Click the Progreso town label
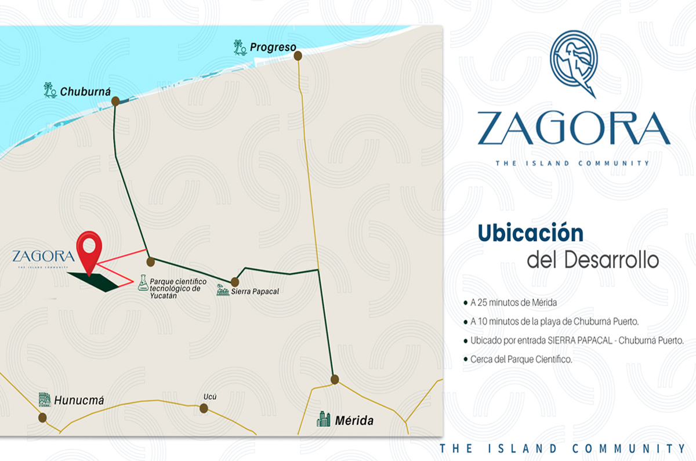pyautogui.click(x=273, y=47)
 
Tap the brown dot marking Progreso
pyautogui.click(x=298, y=56)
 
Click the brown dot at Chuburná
pyautogui.click(x=115, y=101)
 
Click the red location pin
pyautogui.click(x=89, y=251)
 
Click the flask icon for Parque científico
pyautogui.click(x=143, y=283)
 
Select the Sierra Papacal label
pyautogui.click(x=255, y=291)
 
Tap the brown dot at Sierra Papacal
pyautogui.click(x=235, y=282)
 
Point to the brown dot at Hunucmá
pyautogui.click(x=42, y=418)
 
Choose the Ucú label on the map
pyautogui.click(x=210, y=397)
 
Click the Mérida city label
pyautogui.click(x=354, y=420)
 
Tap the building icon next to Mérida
pyautogui.click(x=324, y=419)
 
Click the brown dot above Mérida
pyautogui.click(x=335, y=379)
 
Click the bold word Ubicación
pyautogui.click(x=530, y=233)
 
